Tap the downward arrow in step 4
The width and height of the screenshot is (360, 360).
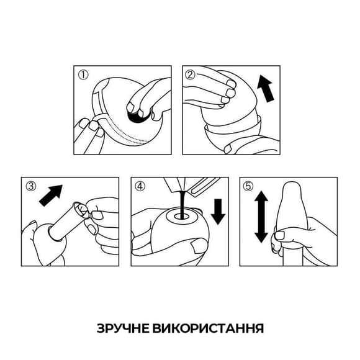pyautogui.click(x=218, y=211)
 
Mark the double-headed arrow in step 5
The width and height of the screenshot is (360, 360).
pyautogui.click(x=261, y=217)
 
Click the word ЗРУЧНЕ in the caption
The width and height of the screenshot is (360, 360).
pyautogui.click(x=121, y=327)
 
